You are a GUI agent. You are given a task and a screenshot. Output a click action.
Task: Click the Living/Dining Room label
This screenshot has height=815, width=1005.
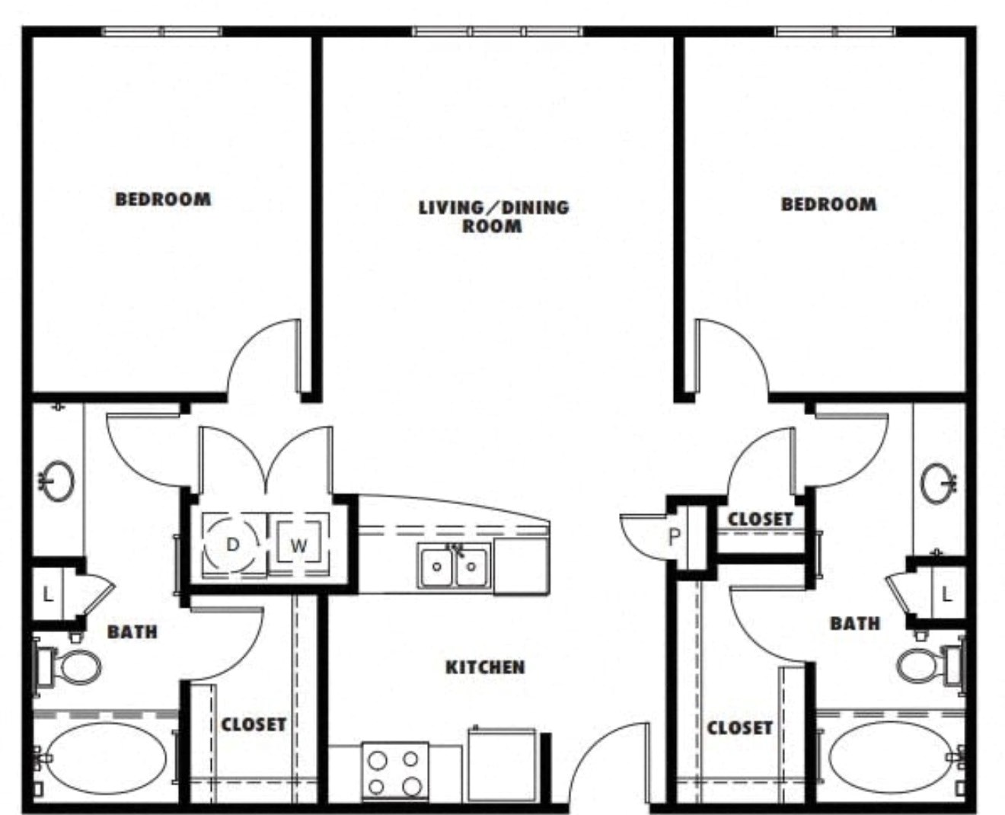tap(494, 216)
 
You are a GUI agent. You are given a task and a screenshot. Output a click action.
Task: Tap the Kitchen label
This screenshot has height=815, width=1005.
tap(485, 667)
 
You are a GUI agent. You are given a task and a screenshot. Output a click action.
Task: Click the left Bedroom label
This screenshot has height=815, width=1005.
tap(163, 199)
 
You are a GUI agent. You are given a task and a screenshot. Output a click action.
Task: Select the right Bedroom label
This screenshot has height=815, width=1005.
tap(829, 204)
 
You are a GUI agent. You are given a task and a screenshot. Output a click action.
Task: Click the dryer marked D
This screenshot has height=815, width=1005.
tap(233, 544)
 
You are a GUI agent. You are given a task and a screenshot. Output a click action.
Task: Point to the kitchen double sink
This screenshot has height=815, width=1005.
tap(454, 565)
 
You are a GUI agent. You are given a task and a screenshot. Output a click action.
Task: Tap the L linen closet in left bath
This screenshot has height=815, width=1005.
tap(47, 595)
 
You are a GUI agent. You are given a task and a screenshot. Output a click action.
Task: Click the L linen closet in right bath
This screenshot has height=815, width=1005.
tap(947, 596)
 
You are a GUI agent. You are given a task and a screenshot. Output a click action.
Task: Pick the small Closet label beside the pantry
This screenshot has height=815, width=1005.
tap(760, 519)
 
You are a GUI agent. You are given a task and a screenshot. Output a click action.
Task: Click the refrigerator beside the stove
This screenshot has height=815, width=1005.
tap(502, 765)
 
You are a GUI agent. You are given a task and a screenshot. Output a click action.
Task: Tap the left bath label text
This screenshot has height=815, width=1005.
tap(132, 632)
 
